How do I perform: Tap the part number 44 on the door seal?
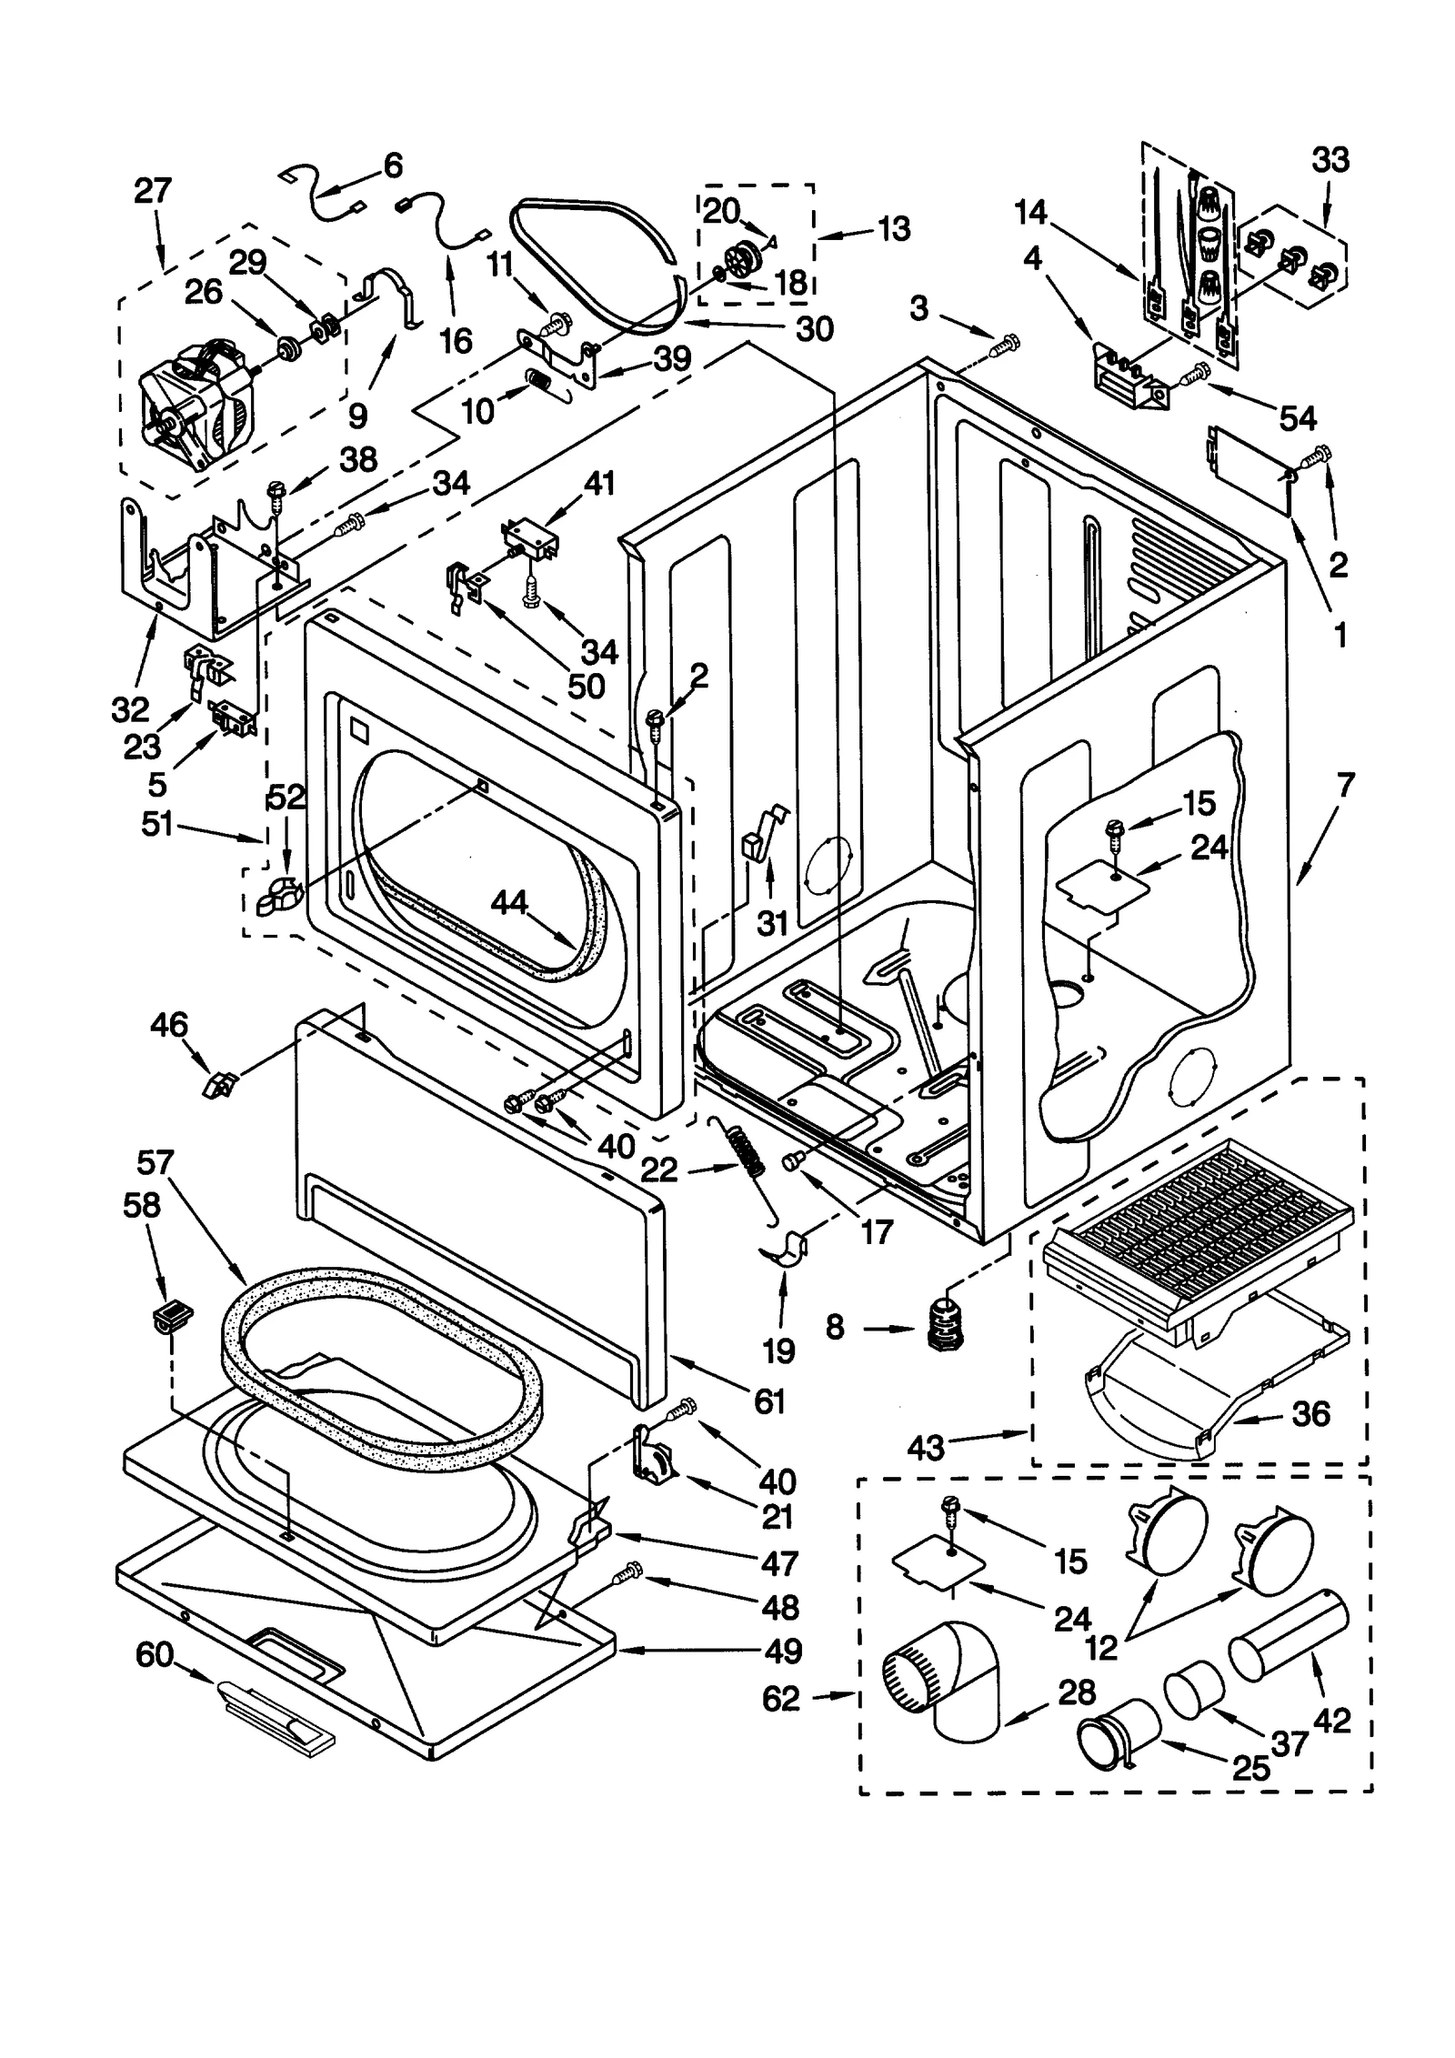click(x=508, y=903)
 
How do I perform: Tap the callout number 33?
click(x=1330, y=160)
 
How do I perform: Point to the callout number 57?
click(x=156, y=1162)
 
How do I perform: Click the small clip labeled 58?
click(x=171, y=1316)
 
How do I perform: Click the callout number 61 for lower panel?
click(x=769, y=1401)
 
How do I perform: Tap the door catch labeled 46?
click(x=221, y=1083)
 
